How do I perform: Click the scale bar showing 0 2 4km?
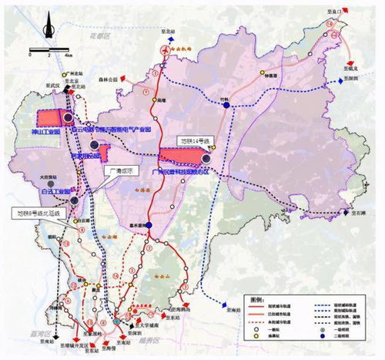point(47,54)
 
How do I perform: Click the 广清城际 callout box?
point(120,172)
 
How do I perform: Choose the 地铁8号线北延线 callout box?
point(44,210)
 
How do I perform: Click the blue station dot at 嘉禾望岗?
point(152,225)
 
